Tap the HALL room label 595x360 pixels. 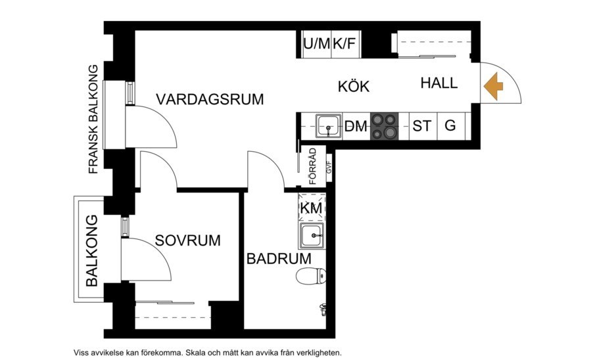(x=439, y=83)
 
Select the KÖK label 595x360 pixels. (x=354, y=87)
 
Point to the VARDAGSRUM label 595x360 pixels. (x=210, y=100)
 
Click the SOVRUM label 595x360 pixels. (x=187, y=240)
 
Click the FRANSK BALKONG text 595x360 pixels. (x=93, y=119)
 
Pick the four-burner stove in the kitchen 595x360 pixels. (x=385, y=126)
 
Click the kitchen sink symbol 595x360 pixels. (x=326, y=125)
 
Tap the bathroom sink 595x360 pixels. (x=312, y=235)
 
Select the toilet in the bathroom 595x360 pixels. (x=310, y=276)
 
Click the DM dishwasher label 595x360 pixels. (x=355, y=127)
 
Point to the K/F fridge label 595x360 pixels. (x=345, y=45)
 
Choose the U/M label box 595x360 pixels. (x=316, y=45)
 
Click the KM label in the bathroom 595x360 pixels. (x=311, y=208)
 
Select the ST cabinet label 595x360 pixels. (x=421, y=126)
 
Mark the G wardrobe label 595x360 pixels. (x=450, y=125)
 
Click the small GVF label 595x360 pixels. (x=327, y=168)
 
